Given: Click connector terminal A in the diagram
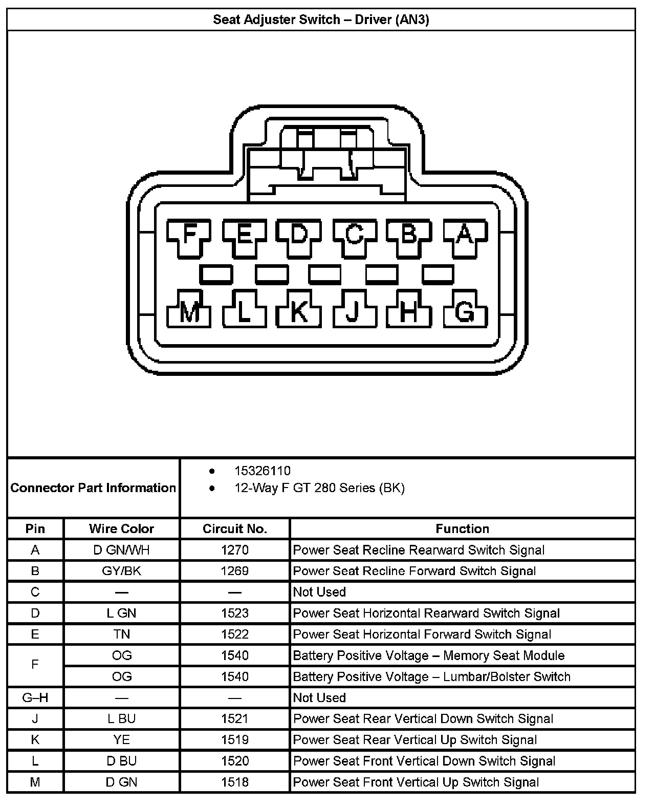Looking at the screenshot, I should click(x=464, y=235).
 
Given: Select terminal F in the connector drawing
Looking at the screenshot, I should click(x=190, y=235).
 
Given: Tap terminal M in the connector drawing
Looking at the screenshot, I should click(x=190, y=311).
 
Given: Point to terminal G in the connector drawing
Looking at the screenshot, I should click(x=464, y=311).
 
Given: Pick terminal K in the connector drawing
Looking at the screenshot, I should click(x=299, y=311).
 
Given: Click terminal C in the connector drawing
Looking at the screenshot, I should click(x=354, y=235).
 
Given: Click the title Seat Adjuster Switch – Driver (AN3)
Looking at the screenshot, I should click(x=321, y=20).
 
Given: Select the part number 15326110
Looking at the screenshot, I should click(x=262, y=471).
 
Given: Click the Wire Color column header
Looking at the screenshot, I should click(x=121, y=528).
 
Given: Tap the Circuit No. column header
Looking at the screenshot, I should click(x=235, y=528).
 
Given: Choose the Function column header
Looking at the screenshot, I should click(x=462, y=528).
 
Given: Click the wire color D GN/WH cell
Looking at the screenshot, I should click(x=121, y=550).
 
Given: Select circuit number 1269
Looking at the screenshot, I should click(x=235, y=571).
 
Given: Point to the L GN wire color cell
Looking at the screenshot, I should click(x=121, y=613).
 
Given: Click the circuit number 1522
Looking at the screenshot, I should click(x=235, y=634).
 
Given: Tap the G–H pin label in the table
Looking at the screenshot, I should click(x=35, y=697).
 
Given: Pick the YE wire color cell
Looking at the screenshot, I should click(x=121, y=739).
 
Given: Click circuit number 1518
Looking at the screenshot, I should click(x=235, y=782).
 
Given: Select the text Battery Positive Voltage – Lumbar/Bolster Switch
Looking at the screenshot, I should click(x=431, y=676).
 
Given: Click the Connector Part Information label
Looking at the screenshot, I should click(x=93, y=488).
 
